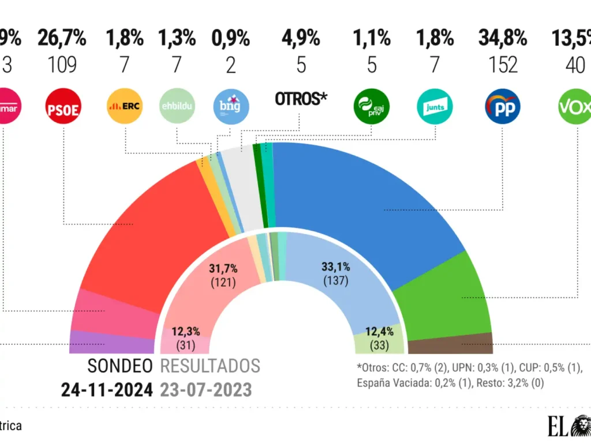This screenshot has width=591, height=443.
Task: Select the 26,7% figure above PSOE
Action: (62, 39)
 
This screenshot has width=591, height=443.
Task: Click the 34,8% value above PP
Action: (503, 39)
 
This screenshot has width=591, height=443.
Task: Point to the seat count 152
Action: (503, 65)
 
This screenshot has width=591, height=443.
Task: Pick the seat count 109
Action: (62, 65)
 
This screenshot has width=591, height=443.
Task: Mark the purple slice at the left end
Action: (110, 343)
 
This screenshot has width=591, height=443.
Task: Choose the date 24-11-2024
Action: (107, 390)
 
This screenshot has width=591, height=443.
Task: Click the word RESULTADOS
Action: (210, 366)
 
